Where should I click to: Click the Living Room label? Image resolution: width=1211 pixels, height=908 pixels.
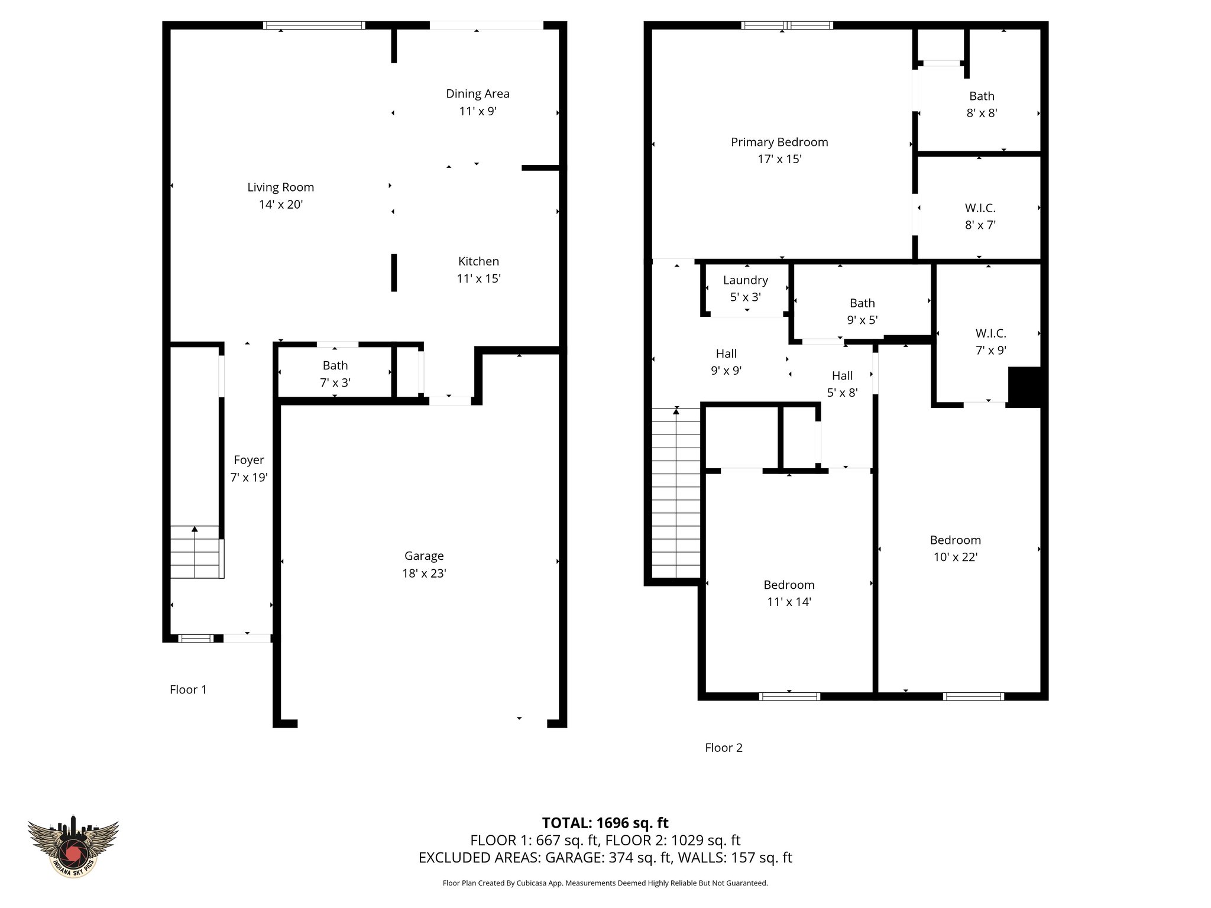pos(280,187)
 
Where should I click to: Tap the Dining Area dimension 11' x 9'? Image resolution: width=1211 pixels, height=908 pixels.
pos(477,111)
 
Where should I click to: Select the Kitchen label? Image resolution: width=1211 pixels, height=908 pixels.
pos(478,261)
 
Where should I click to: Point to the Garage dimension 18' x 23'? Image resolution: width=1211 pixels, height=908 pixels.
pos(424,573)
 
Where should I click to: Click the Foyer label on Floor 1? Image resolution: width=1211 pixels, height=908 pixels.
pos(248,460)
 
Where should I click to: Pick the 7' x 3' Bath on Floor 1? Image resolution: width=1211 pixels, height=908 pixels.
pos(335,374)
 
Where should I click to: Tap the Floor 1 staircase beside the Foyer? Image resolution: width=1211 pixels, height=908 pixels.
pos(195,552)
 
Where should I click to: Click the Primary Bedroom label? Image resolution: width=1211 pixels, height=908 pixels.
pos(779,142)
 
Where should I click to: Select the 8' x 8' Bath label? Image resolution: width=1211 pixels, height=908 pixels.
pos(982,96)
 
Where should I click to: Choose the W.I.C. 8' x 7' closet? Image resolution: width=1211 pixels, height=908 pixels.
pos(980,216)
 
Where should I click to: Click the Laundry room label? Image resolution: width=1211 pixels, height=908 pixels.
pos(745,280)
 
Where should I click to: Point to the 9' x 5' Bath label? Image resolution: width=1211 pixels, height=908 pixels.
pos(862,303)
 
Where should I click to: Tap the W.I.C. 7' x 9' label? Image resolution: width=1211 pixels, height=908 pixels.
pos(990,333)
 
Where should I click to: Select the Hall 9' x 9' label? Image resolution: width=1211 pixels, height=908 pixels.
pos(726,354)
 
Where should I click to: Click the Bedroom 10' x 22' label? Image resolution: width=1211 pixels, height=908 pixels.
pos(955,540)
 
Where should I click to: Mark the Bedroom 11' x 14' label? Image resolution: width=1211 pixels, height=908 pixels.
pos(789,585)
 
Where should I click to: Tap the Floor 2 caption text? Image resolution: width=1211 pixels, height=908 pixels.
pos(723,748)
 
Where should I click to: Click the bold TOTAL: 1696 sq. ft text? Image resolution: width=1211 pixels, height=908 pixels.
pos(605,822)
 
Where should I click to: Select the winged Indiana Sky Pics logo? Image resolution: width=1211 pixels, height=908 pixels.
pos(73,846)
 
